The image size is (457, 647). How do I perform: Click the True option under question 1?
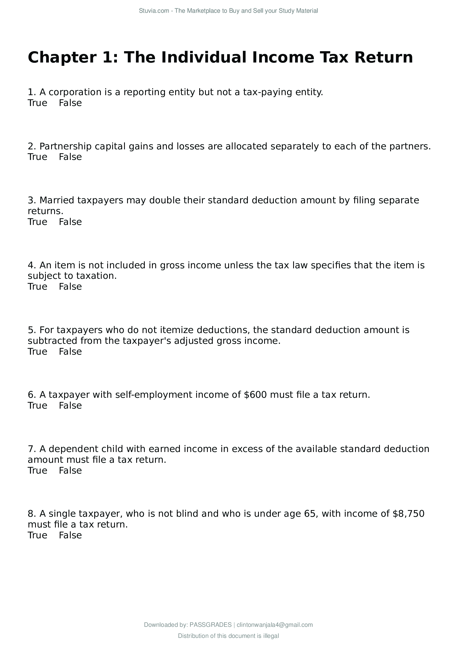coord(37,103)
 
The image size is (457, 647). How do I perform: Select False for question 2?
coord(70,157)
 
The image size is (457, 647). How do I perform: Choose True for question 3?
coord(37,222)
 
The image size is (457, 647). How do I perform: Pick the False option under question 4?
coord(70,287)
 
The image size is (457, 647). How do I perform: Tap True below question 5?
coord(37,352)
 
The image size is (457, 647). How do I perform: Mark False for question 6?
coord(70,406)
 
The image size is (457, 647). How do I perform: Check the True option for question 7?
coord(37,471)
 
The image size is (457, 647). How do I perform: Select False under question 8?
coord(70,536)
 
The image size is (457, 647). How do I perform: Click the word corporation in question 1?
coord(75,92)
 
